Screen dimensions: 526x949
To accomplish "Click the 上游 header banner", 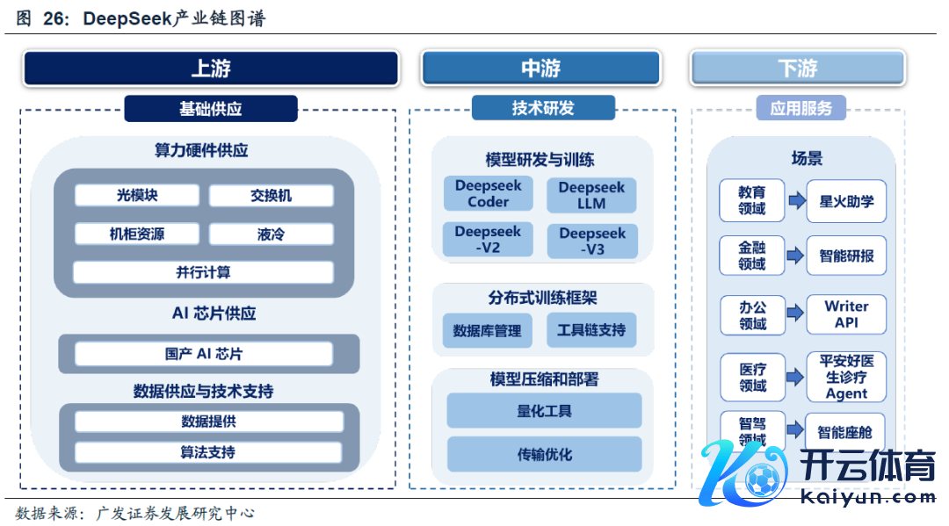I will (x=211, y=68).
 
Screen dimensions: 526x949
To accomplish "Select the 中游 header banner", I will (x=540, y=68).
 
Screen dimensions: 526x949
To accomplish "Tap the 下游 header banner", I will (x=797, y=68).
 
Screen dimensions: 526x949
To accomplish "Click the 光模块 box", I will (x=137, y=196).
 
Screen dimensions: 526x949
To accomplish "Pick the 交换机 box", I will (x=271, y=196).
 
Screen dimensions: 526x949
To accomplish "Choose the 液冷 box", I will (x=271, y=234).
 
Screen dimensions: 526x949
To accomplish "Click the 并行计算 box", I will (x=203, y=272).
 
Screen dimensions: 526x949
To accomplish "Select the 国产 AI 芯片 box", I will (x=203, y=354).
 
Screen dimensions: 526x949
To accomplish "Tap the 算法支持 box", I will (x=208, y=452).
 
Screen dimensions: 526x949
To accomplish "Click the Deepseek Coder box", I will (x=488, y=194).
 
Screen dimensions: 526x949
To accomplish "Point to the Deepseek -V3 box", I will (x=592, y=241).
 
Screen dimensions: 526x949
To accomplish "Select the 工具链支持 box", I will (x=591, y=330).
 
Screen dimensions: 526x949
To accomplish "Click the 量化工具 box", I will (x=544, y=411).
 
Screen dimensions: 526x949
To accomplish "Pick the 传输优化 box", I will (x=544, y=454).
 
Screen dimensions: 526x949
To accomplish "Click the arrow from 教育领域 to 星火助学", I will (x=796, y=201).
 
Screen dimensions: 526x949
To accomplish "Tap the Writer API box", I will (x=846, y=314).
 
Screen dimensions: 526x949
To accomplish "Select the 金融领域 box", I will (x=751, y=256).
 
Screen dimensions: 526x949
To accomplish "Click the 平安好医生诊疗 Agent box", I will (x=846, y=377).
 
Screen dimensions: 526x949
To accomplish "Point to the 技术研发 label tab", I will (x=543, y=108).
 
